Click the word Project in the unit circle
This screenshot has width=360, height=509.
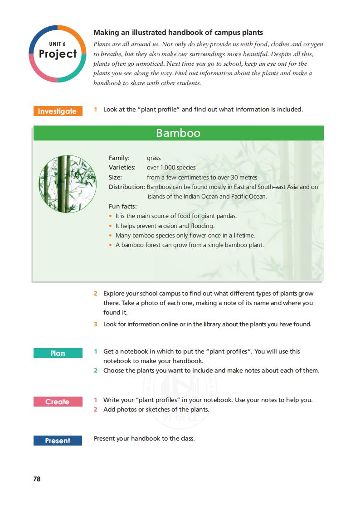[58, 54]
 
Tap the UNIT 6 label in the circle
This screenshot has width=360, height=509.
[58, 44]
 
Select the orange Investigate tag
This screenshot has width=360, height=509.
[58, 111]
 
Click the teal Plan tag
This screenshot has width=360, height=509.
[58, 353]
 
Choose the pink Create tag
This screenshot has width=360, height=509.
[58, 402]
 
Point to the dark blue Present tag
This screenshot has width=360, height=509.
[58, 441]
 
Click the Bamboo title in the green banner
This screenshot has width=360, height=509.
[178, 133]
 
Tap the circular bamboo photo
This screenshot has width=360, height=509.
[68, 184]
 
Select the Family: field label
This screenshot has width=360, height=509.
[119, 158]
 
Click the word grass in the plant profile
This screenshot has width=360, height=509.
[154, 158]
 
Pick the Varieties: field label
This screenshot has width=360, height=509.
[122, 168]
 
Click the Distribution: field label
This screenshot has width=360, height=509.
[126, 187]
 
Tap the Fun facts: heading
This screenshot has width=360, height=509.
[122, 207]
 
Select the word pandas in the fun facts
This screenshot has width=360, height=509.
[227, 216]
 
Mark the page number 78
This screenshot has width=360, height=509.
[37, 479]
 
